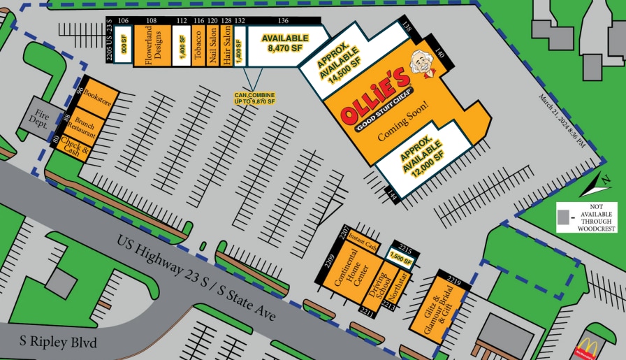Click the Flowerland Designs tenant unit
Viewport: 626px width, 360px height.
(x=152, y=46)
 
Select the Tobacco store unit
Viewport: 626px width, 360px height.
(x=199, y=46)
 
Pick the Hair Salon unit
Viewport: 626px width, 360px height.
(x=226, y=46)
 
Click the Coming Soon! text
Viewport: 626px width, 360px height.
(x=402, y=123)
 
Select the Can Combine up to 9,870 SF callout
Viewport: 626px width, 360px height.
(x=254, y=98)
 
